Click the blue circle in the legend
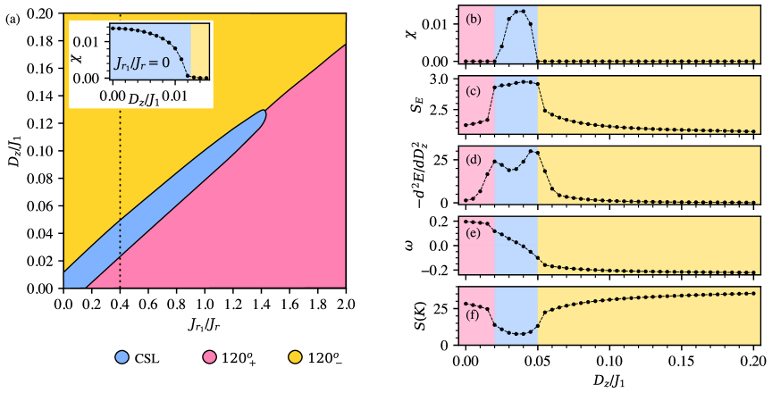pos(122,357)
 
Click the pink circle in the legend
pos(209,357)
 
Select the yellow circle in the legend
pos(295,357)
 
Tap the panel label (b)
pos(474,20)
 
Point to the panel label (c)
pos(474,90)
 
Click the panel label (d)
pos(474,161)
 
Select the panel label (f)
pos(474,314)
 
